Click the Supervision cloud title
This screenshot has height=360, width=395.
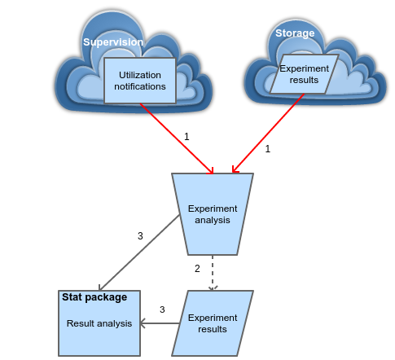click(113, 42)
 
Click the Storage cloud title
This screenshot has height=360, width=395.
click(295, 33)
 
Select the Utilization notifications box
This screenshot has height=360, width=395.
click(140, 81)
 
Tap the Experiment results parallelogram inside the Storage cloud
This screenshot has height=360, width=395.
click(304, 74)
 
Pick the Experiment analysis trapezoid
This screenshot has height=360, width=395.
click(213, 214)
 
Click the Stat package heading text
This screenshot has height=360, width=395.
click(94, 297)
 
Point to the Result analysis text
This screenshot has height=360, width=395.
click(99, 323)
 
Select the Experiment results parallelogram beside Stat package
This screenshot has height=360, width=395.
click(213, 323)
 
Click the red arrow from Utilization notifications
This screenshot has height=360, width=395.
click(177, 138)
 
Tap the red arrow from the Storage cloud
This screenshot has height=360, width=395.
click(268, 134)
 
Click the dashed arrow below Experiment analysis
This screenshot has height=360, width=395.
click(213, 273)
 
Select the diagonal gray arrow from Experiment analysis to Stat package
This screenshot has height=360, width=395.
click(139, 252)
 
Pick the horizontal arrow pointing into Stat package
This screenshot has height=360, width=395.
click(160, 323)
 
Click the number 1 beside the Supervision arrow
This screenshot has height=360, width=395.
click(187, 137)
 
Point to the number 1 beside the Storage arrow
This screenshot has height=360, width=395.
click(268, 149)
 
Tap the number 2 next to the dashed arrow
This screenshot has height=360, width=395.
click(197, 269)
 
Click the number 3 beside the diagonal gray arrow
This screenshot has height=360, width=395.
click(140, 236)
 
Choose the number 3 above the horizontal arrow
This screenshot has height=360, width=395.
click(162, 310)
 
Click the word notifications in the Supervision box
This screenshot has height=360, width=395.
click(140, 86)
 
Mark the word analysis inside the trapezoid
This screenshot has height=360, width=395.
click(213, 220)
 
